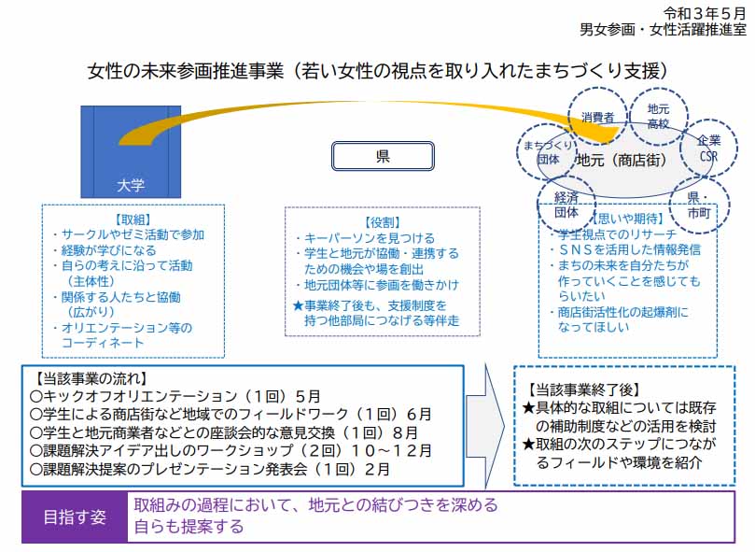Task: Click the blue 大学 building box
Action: [131, 149]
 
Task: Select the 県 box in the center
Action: [383, 156]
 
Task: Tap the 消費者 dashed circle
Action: [597, 118]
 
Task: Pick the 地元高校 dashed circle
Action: [659, 116]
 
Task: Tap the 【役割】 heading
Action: [383, 222]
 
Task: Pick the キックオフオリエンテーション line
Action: [175, 396]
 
